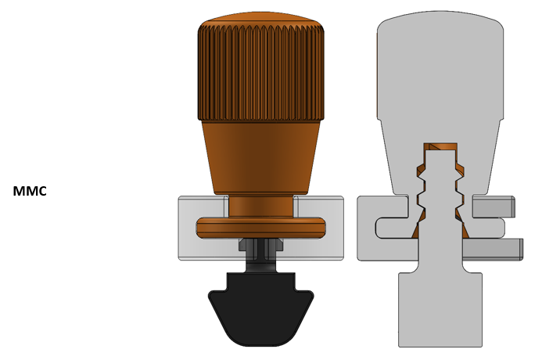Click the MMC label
[30, 191]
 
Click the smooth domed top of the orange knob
[260, 17]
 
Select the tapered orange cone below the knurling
[260, 157]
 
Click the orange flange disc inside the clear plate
[260, 227]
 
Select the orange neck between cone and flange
[260, 206]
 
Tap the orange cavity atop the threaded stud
[440, 147]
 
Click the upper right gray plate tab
[493, 207]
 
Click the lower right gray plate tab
[493, 249]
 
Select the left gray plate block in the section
[375, 227]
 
